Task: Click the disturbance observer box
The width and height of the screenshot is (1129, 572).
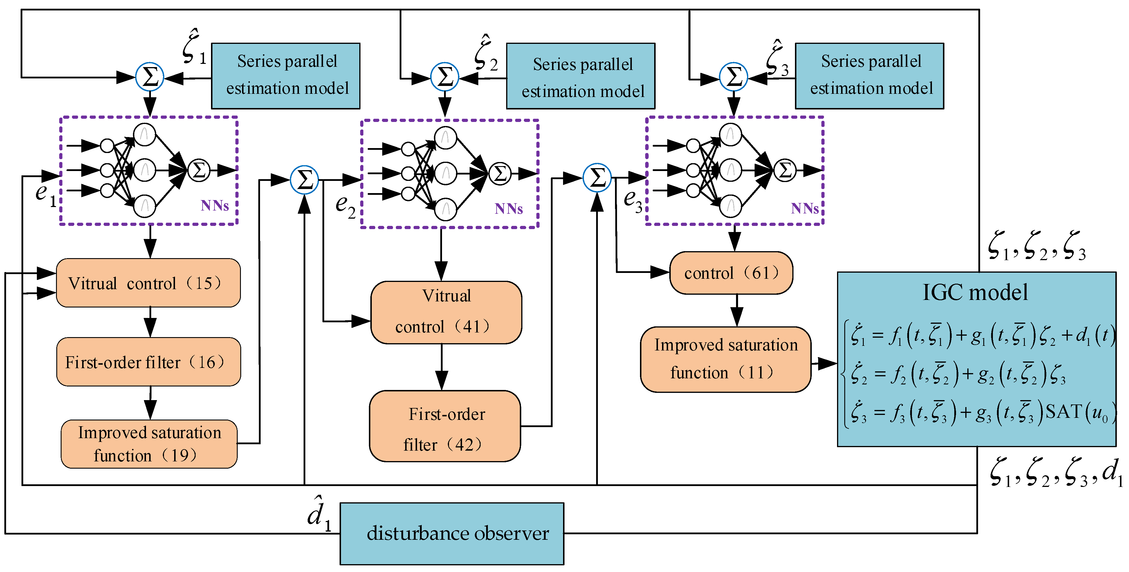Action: tap(452, 533)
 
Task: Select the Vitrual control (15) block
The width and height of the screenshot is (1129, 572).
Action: tap(148, 283)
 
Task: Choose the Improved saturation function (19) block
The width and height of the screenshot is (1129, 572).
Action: tap(149, 444)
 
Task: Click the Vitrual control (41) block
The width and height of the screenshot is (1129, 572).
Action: tap(446, 312)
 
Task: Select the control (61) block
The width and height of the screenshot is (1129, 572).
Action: tap(731, 273)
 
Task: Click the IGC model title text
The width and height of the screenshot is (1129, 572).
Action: tap(975, 292)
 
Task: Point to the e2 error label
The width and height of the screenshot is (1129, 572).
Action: tap(345, 206)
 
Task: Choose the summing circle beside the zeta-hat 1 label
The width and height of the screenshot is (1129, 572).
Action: tap(150, 77)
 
